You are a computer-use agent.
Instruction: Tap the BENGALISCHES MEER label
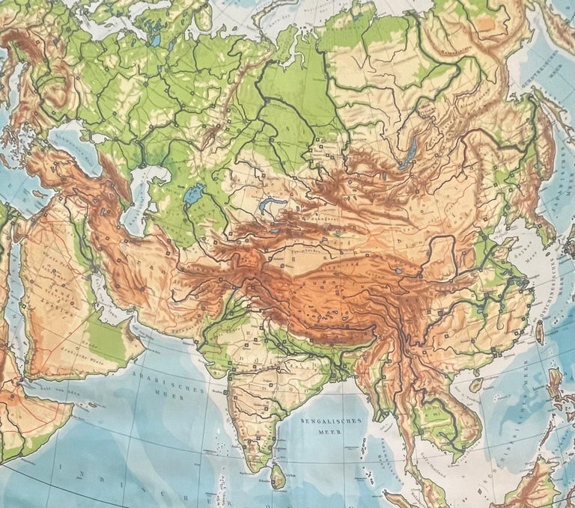(x=331, y=425)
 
